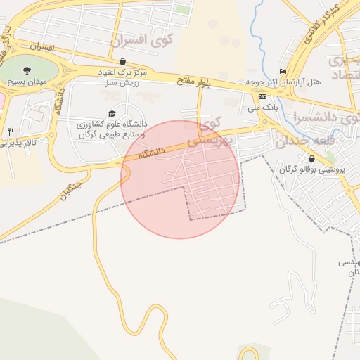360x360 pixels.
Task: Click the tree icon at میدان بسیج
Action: tap(27, 70)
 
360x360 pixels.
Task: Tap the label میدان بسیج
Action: tap(26, 82)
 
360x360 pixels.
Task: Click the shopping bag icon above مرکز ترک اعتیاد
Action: tap(123, 62)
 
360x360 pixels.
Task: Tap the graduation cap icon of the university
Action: tap(111, 113)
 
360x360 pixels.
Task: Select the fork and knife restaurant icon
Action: tap(11, 131)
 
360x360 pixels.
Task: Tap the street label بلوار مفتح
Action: tap(194, 83)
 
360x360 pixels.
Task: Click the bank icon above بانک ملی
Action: tap(262, 96)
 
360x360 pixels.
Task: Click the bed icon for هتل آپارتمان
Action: tap(283, 71)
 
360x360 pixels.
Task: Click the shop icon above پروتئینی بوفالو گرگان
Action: tap(311, 158)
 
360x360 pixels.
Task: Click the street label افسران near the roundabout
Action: tap(42, 46)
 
